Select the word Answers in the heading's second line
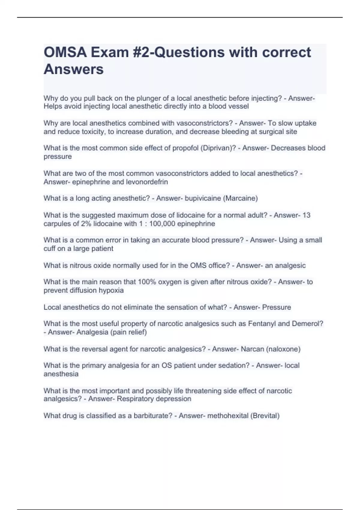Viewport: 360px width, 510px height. click(74, 69)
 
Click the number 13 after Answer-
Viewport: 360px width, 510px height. click(306, 215)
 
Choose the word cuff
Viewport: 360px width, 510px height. click(49, 248)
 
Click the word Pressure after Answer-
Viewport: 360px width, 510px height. click(276, 307)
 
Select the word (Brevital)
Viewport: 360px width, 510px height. click(265, 416)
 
